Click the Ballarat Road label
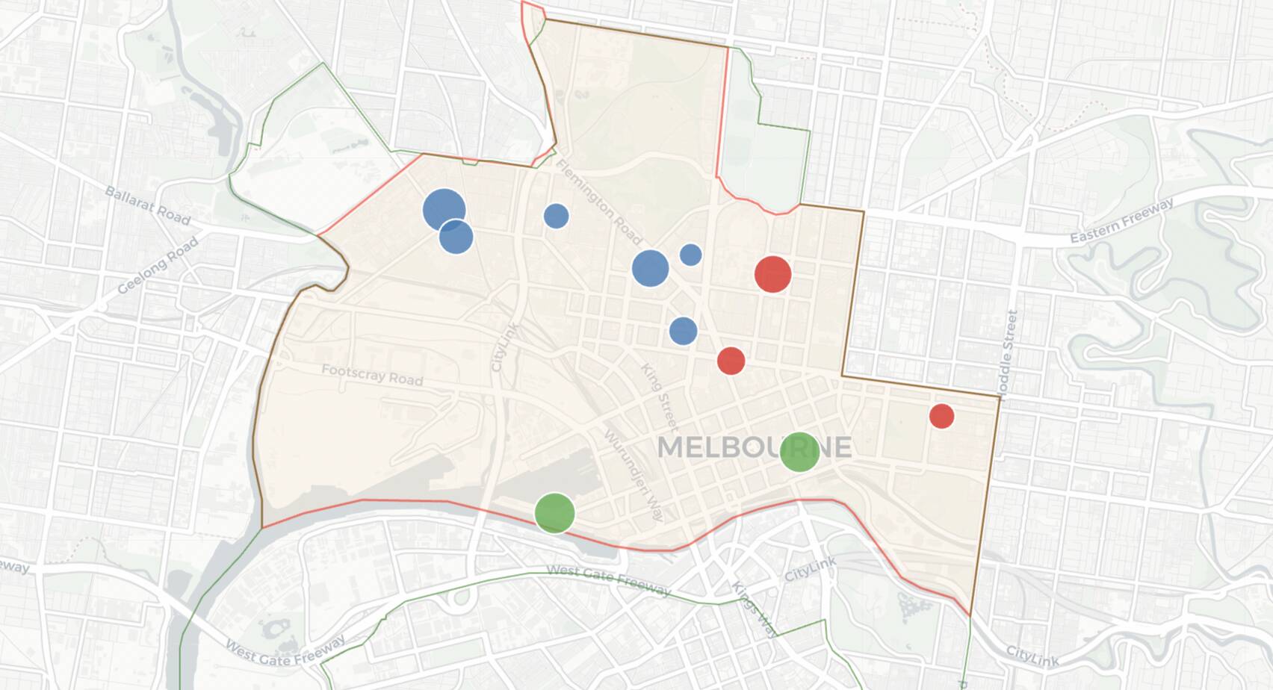pos(147,205)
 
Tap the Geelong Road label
pos(158,265)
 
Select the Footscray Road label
pos(372,374)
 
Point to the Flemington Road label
pos(598,202)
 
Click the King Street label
pos(659,397)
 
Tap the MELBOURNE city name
pos(754,447)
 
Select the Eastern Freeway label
pos(1121,220)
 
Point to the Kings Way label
pos(755,609)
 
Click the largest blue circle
pos(444,210)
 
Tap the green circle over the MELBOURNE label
pos(799,452)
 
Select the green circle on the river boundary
pos(554,513)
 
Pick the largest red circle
pos(772,274)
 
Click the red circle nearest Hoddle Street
pos(941,416)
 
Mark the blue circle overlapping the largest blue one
pos(456,237)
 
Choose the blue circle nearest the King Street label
pos(683,331)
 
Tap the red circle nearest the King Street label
pos(731,361)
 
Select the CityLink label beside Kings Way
pos(810,569)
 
